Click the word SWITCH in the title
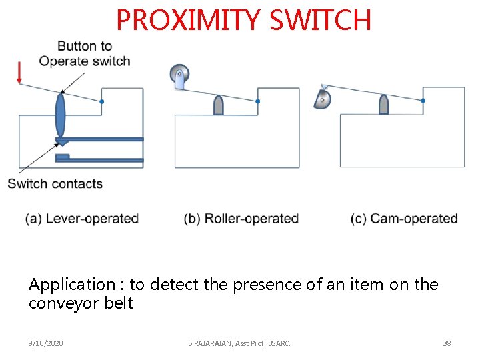click(320, 20)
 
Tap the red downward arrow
click(19, 72)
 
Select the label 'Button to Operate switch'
click(85, 53)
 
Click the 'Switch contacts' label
click(55, 184)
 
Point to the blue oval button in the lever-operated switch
click(61, 115)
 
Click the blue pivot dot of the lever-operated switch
click(101, 101)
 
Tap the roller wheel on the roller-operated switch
click(179, 73)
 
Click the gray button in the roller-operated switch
click(218, 105)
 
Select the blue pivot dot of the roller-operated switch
click(257, 101)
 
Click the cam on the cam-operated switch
click(323, 99)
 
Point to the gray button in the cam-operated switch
click(383, 105)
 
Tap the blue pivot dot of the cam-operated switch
click(423, 101)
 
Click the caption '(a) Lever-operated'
click(82, 219)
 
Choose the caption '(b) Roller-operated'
click(241, 219)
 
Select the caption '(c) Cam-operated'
click(404, 219)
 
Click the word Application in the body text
click(72, 285)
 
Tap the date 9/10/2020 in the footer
click(46, 343)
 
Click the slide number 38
click(447, 343)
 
